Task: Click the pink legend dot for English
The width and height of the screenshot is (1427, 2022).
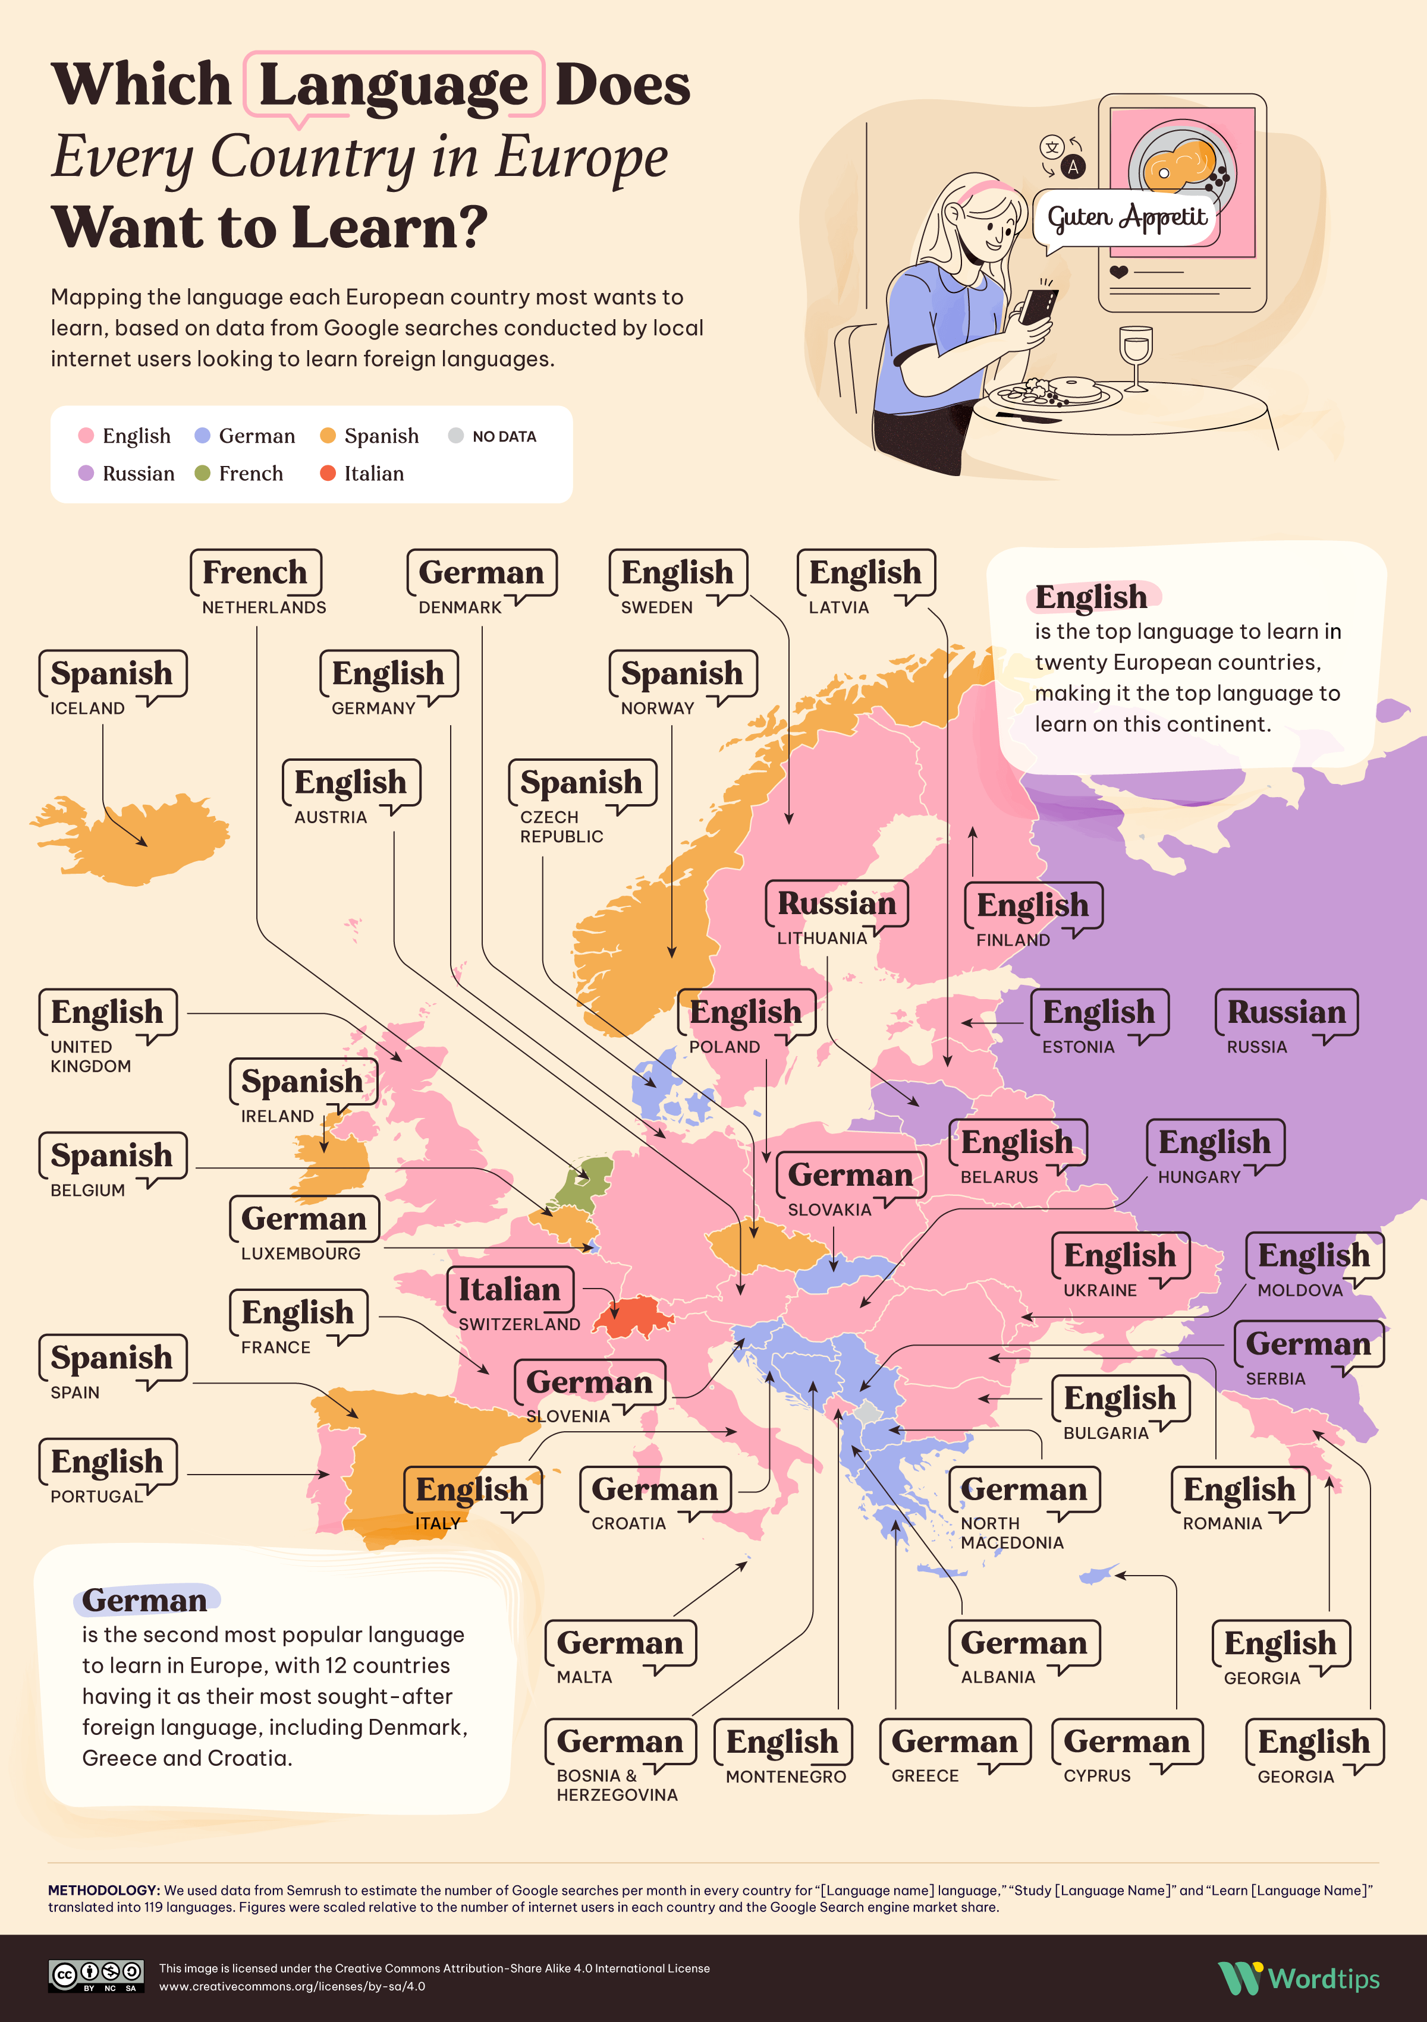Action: click(x=86, y=436)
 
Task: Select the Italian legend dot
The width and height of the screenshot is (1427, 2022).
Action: click(x=328, y=474)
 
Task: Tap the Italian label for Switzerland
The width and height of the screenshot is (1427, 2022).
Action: click(x=509, y=1290)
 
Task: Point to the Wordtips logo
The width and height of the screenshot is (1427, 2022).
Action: click(x=1299, y=1978)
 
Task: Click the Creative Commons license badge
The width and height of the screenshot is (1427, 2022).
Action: click(x=96, y=1975)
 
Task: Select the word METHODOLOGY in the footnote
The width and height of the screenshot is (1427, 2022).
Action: click(x=103, y=1890)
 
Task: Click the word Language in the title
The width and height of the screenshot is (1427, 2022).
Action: click(x=393, y=86)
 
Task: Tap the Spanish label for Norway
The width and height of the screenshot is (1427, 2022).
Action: click(x=682, y=675)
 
